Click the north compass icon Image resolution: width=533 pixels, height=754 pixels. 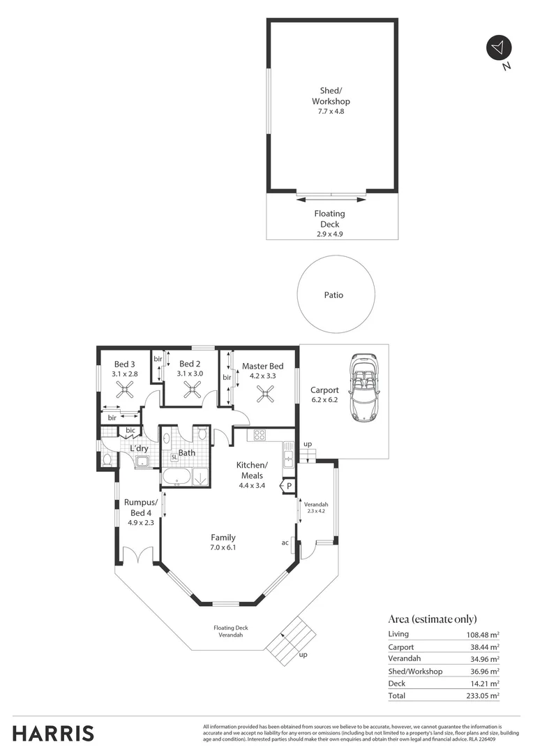[498, 47]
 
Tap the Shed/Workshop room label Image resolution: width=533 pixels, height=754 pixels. [331, 101]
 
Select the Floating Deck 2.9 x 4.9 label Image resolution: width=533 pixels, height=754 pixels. [329, 224]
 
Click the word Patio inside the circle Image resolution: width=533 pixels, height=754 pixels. [333, 295]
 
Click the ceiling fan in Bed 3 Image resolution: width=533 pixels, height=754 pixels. [125, 392]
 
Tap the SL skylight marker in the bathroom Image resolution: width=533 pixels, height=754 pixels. [174, 457]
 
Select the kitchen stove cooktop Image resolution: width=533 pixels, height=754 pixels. [259, 436]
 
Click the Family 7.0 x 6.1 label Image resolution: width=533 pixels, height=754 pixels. [223, 542]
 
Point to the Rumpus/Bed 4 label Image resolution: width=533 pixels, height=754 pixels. [140, 512]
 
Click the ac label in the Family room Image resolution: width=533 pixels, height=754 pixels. [285, 542]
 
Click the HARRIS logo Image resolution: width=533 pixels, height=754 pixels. [53, 733]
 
